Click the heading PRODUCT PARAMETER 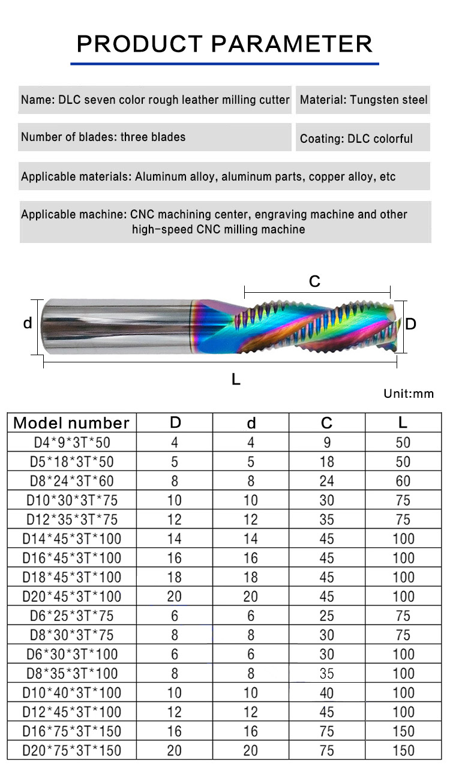(x=224, y=44)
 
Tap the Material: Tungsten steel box (x=363, y=100)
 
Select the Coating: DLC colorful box (x=363, y=137)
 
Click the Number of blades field (x=154, y=137)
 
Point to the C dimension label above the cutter (x=314, y=281)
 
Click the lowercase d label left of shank (x=28, y=323)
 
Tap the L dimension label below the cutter (x=236, y=379)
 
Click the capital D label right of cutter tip (x=410, y=324)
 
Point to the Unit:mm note (x=409, y=394)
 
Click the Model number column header (x=71, y=422)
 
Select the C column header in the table (x=326, y=422)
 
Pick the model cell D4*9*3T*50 (x=72, y=442)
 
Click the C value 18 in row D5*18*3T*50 (x=326, y=461)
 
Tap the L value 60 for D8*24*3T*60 (x=403, y=481)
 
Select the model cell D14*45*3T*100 (x=72, y=539)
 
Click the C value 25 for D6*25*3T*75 (x=326, y=616)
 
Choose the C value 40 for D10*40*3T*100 (x=326, y=693)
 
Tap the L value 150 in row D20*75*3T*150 (x=403, y=751)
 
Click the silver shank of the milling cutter (x=116, y=326)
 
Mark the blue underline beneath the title (x=224, y=64)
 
